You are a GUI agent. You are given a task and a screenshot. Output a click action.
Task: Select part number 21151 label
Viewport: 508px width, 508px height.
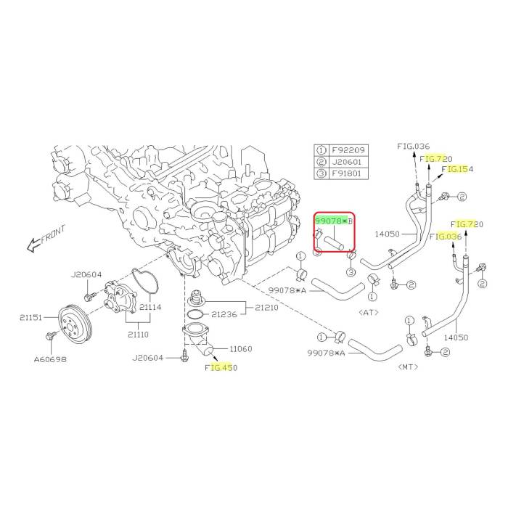coord(30,318)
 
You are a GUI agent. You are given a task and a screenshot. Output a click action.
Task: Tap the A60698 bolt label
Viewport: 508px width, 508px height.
coord(50,359)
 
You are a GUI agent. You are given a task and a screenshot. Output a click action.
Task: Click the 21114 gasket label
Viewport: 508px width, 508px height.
coord(150,307)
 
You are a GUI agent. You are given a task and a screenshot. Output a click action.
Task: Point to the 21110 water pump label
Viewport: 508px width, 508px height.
coord(138,335)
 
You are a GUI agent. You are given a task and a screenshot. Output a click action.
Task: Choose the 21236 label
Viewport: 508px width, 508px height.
coord(224,314)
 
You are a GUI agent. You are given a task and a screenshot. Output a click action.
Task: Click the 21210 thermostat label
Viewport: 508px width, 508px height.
coord(266,308)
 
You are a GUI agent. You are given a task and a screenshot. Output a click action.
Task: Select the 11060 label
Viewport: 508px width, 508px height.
coord(240,349)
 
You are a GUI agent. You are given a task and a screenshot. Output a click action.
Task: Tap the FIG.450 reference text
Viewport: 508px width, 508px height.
coord(221,368)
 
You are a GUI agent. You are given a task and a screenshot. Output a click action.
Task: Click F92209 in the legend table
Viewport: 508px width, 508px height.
coord(348,150)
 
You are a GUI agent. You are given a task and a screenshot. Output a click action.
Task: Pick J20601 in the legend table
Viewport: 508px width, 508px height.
coord(346,162)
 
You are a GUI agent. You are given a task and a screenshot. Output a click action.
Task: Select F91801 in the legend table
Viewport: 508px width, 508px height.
coord(346,173)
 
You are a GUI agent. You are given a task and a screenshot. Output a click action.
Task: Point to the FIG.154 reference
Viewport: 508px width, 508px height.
coord(457,169)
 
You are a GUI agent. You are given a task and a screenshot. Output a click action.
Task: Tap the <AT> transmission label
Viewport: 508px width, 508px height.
coord(369,312)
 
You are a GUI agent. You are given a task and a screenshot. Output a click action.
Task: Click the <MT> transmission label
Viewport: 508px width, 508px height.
coord(408,366)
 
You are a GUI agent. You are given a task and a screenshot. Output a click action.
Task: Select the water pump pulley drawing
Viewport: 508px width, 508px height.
coord(75,323)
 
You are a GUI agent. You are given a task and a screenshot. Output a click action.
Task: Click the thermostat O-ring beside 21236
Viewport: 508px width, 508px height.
coord(195,314)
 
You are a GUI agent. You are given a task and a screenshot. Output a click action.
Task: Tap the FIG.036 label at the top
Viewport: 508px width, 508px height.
coord(414,147)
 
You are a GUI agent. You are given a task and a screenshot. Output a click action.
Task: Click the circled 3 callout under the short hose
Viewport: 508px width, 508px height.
coord(351,272)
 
